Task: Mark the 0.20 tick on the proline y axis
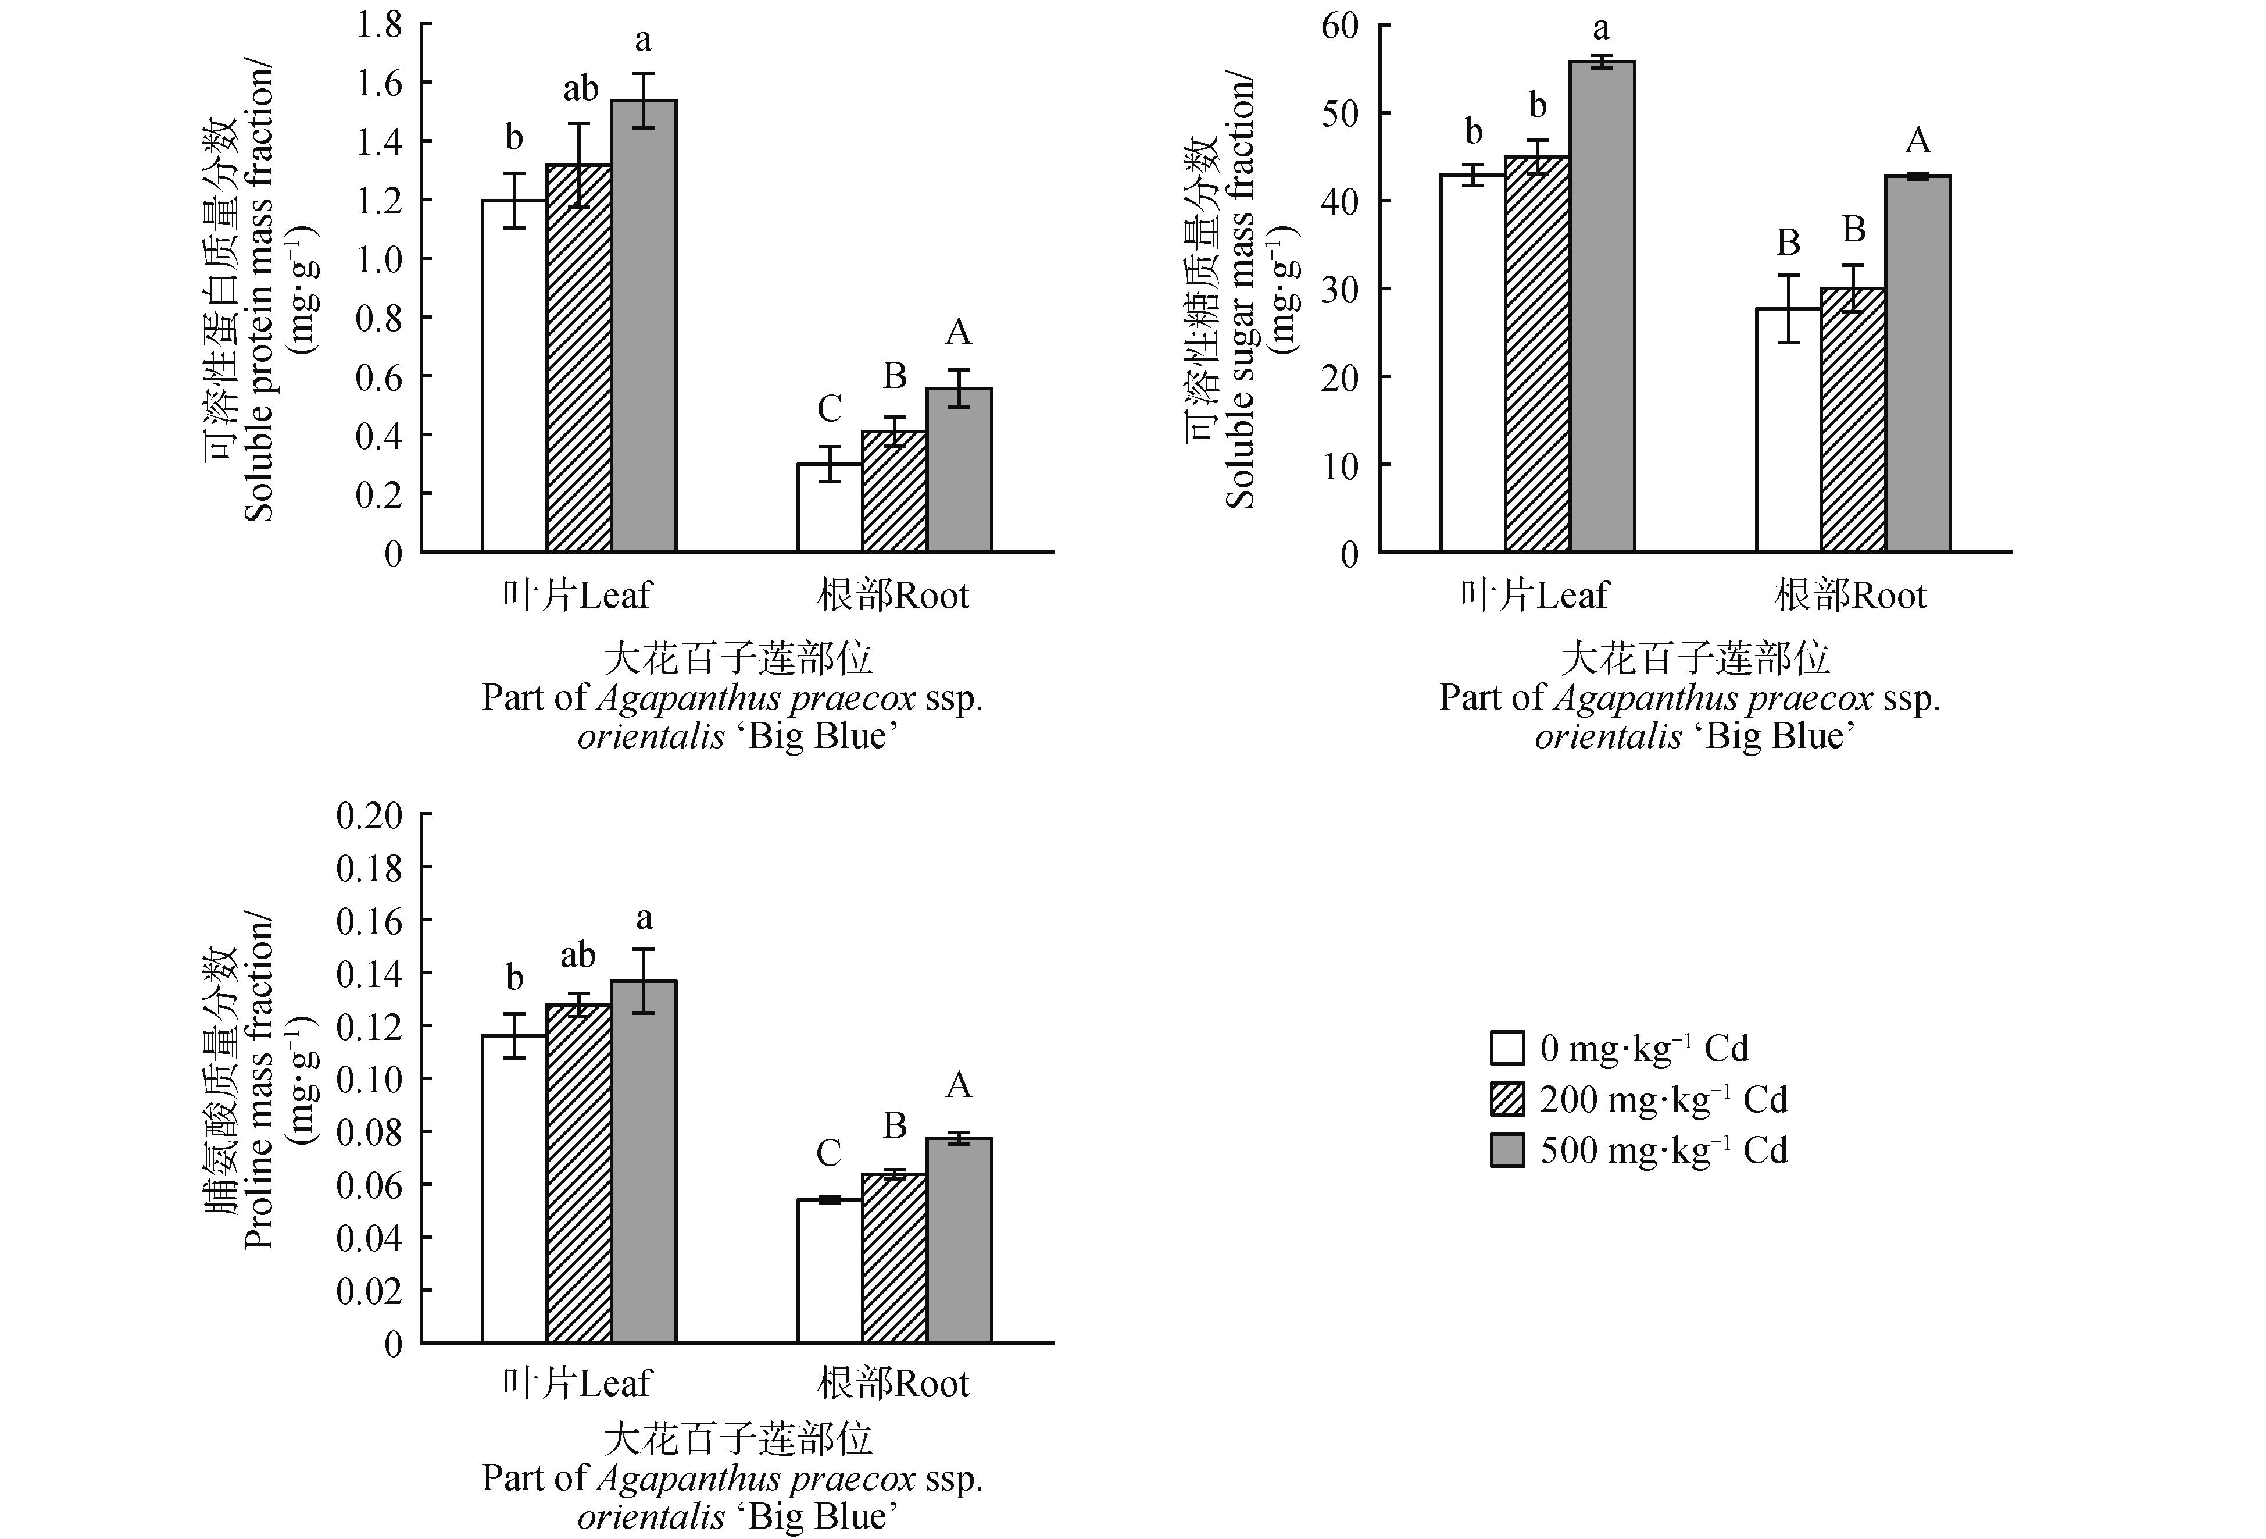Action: (x=370, y=815)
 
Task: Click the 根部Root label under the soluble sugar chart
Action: (x=1850, y=595)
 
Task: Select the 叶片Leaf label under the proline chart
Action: (x=577, y=1383)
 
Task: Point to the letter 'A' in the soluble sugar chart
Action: (x=1917, y=141)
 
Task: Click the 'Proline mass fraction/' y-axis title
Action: (x=259, y=1082)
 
